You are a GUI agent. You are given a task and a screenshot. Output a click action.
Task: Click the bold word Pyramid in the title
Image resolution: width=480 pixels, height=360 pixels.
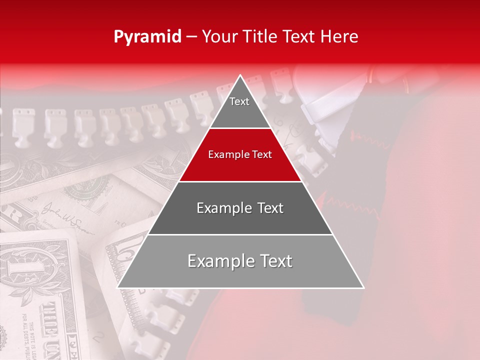point(147,36)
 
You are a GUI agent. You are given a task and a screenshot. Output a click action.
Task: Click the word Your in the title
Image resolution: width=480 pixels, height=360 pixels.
point(220,36)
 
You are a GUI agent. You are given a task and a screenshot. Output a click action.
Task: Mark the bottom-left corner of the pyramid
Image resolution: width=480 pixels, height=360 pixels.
point(118,287)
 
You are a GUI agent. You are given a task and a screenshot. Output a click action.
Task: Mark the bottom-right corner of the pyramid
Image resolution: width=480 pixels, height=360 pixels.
point(363,287)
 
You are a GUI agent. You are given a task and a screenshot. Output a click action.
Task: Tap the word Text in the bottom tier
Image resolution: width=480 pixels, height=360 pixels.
point(274,261)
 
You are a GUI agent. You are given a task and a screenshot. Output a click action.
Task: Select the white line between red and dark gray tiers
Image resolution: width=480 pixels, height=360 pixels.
point(240,181)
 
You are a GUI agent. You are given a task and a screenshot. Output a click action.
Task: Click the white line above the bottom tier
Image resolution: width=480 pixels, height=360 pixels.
point(240,234)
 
